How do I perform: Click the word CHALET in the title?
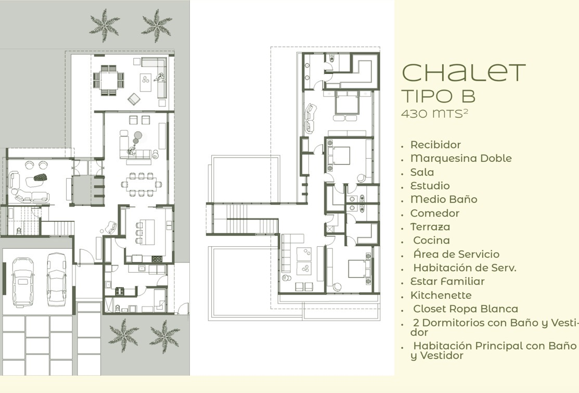pos(464,72)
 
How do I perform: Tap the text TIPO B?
pos(438,96)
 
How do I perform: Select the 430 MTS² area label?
pos(434,113)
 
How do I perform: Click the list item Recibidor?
pos(435,145)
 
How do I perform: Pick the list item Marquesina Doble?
pos(461,158)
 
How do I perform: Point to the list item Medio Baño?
pos(443,199)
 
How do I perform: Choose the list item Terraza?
pos(430,227)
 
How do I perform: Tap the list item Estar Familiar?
pos(447,282)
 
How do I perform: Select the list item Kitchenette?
pos(441,296)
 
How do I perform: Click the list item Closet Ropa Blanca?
pos(465,309)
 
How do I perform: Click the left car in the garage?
pos(23,282)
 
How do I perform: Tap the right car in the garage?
pos(57,280)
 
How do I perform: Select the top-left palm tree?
pos(105,26)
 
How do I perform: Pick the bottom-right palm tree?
pos(165,336)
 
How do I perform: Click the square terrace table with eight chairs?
pos(109,81)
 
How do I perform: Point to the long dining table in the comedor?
pos(142,184)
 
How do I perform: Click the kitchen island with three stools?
pos(146,232)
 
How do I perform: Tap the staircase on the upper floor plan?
pos(245,219)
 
